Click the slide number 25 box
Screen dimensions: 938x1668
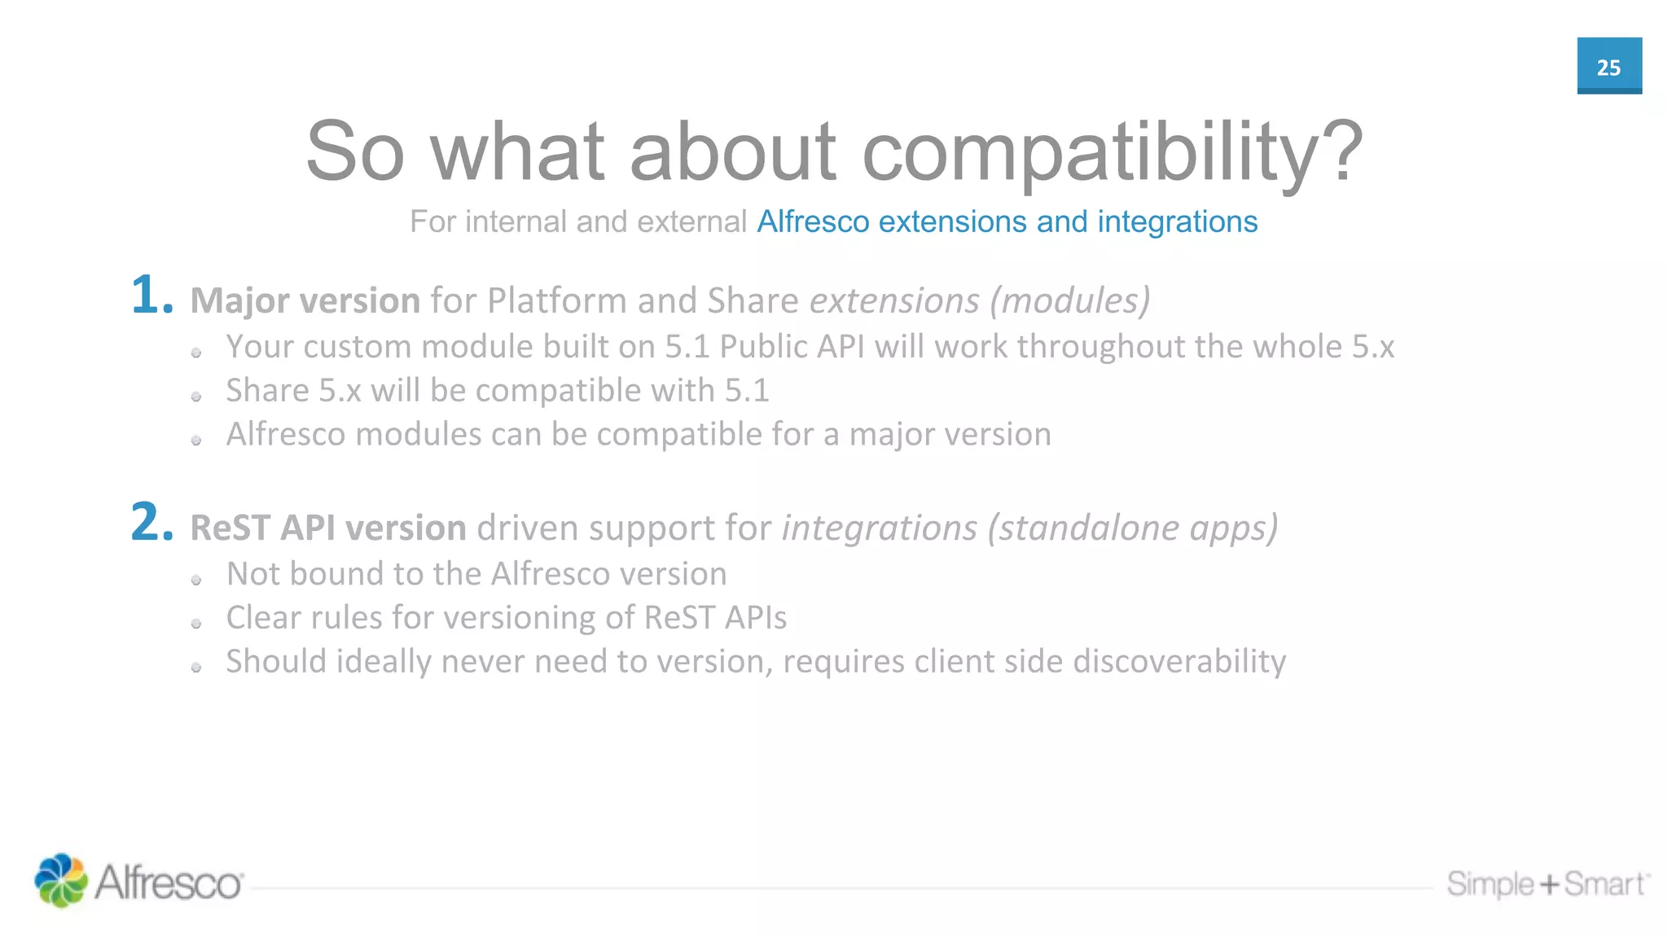point(1609,66)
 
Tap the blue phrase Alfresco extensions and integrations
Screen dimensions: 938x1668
point(1007,221)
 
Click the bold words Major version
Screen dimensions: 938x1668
point(305,300)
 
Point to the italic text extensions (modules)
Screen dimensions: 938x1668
point(979,300)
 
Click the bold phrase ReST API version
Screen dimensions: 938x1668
point(327,528)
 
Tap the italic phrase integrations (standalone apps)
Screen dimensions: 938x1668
point(1029,528)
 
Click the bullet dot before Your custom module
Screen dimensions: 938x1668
point(196,353)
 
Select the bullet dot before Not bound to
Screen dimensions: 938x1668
point(196,580)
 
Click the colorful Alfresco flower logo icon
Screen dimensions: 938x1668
point(60,880)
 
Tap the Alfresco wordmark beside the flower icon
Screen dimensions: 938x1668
point(169,883)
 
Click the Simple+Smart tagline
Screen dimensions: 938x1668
point(1546,883)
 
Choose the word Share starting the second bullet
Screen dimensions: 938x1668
point(267,391)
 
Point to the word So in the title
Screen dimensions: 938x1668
point(355,152)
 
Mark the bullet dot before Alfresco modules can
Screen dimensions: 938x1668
point(196,441)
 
